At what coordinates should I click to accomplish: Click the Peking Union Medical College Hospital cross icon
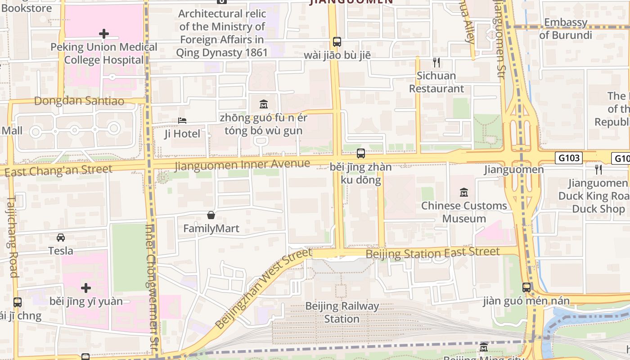point(104,34)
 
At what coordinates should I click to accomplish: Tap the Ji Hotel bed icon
point(182,121)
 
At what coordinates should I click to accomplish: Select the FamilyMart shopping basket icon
point(211,215)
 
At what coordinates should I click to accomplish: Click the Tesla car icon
point(61,237)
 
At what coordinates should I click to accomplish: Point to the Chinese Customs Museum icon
point(464,193)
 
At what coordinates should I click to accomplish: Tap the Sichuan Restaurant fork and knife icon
point(436,63)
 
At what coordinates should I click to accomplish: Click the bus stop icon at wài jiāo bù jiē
point(337,42)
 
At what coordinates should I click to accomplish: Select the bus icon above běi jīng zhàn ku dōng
point(361,153)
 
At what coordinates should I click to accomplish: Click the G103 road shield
point(569,158)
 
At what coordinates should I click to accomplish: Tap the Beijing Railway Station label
point(342,312)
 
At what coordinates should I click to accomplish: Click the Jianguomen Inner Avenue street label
point(242,165)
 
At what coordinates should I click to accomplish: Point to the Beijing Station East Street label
point(432,252)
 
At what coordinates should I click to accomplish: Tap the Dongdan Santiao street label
point(79,101)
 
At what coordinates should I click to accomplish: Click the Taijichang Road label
point(12,236)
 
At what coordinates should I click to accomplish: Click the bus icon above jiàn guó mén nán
point(526,287)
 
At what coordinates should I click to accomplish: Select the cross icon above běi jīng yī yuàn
point(86,288)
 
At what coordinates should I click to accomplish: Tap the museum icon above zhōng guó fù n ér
point(264,104)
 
